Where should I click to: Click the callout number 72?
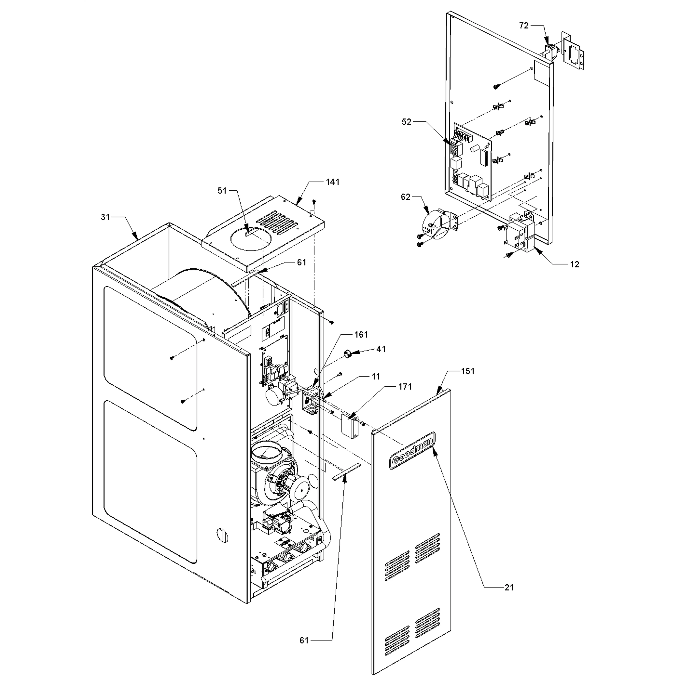tap(524, 26)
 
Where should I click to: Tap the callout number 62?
tap(406, 197)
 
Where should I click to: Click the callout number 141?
tap(332, 182)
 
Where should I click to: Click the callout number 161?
tap(361, 335)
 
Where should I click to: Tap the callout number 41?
tap(381, 349)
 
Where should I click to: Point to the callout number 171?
tap(405, 387)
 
